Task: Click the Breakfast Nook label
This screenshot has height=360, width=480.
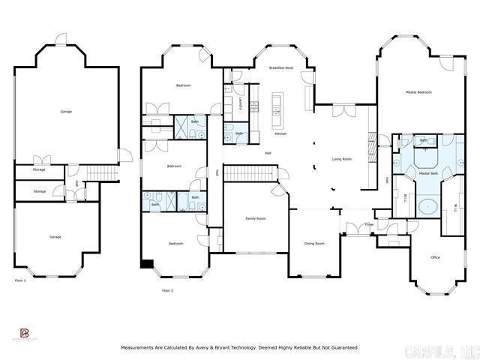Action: click(x=281, y=68)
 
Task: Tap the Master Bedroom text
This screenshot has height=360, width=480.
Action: click(x=418, y=92)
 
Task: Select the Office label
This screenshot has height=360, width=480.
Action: click(x=434, y=257)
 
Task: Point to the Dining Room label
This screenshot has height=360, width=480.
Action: click(x=314, y=244)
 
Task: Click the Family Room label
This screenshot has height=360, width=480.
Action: click(x=256, y=218)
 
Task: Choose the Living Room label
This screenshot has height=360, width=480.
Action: click(x=342, y=159)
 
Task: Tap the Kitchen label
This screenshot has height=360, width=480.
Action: click(x=280, y=133)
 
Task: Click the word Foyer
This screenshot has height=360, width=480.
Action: click(x=370, y=224)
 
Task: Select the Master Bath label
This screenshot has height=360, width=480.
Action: click(x=428, y=173)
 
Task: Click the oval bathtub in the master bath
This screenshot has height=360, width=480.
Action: click(x=428, y=207)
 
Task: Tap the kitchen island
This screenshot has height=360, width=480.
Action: click(x=277, y=109)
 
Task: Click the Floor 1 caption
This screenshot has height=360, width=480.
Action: click(x=21, y=280)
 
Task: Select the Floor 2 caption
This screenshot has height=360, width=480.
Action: click(x=166, y=289)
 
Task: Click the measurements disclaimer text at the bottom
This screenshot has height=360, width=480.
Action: click(x=240, y=347)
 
